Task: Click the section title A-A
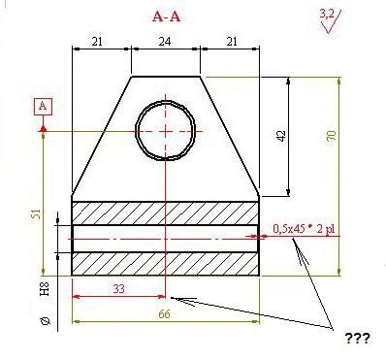click(x=166, y=16)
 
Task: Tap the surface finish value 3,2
click(x=327, y=14)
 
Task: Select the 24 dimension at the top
click(x=165, y=42)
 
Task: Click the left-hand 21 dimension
click(x=97, y=42)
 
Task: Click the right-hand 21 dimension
click(x=232, y=42)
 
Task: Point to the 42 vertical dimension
click(x=281, y=136)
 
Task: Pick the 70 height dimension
click(x=332, y=135)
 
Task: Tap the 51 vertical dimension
click(x=37, y=214)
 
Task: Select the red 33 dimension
click(x=118, y=288)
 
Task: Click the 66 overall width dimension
click(x=164, y=314)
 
